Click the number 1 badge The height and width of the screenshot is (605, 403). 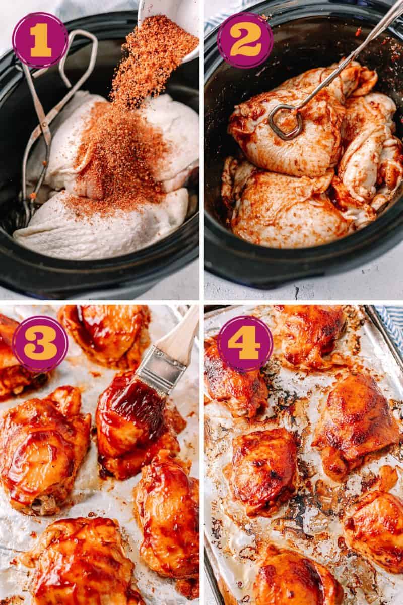click(40, 40)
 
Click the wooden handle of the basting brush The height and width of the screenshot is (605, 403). click(181, 338)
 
